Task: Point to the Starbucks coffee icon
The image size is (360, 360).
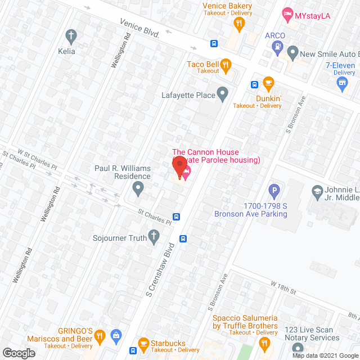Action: click(143, 343)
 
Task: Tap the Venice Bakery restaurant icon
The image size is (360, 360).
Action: click(239, 24)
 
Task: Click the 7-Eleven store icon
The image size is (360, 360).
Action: click(341, 84)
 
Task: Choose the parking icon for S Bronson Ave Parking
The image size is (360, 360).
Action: click(274, 191)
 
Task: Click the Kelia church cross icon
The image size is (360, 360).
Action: click(70, 38)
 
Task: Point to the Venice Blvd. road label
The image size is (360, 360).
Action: click(140, 27)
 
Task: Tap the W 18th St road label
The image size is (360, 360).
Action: click(283, 287)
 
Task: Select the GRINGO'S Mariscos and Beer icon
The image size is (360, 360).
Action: click(100, 336)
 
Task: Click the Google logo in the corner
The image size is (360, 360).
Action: click(18, 353)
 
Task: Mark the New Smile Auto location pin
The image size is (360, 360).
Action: click(292, 53)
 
